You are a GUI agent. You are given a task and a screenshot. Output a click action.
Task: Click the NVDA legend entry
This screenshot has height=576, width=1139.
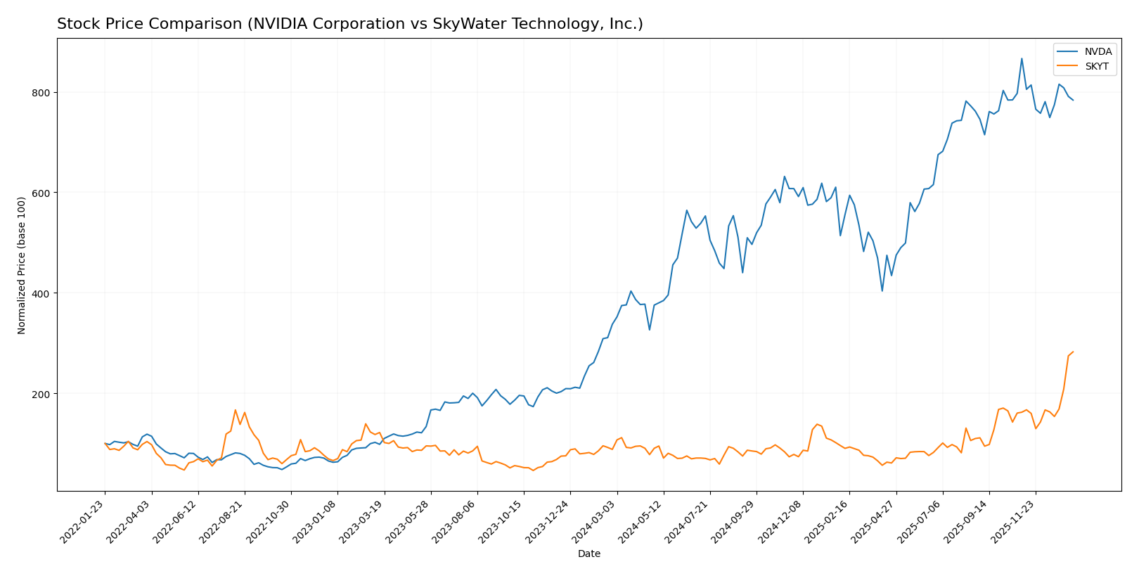(1098, 52)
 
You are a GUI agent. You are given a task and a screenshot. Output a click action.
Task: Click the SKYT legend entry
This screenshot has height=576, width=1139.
(1096, 67)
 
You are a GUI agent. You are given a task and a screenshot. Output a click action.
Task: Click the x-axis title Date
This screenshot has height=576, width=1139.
(588, 554)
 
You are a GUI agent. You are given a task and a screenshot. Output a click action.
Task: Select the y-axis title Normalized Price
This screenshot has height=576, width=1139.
(22, 265)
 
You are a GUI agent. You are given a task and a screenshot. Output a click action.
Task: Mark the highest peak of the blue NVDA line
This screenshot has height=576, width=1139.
(1022, 58)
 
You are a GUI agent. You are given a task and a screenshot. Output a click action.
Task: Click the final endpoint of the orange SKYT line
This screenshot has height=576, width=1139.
(1073, 352)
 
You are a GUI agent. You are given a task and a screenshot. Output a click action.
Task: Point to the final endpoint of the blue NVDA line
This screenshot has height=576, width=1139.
(1073, 101)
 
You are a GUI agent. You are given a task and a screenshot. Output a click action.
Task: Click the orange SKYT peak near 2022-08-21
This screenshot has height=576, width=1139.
(235, 409)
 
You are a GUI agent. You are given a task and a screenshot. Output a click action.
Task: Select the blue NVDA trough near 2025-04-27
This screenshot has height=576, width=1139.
(882, 291)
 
